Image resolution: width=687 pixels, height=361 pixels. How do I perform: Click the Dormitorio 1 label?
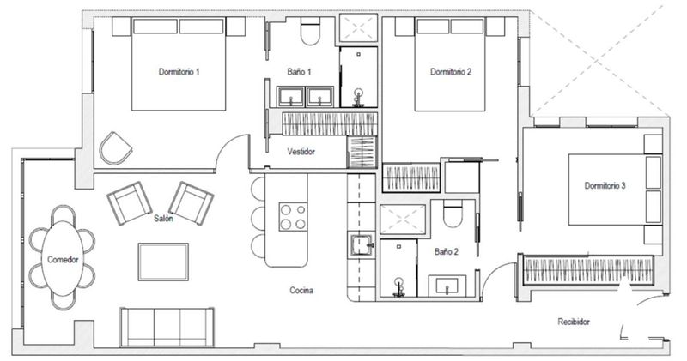click(x=179, y=72)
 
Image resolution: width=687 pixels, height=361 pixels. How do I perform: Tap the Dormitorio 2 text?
click(x=451, y=72)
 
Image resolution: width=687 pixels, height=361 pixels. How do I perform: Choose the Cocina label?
click(x=301, y=291)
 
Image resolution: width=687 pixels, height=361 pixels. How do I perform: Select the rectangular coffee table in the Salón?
click(x=163, y=261)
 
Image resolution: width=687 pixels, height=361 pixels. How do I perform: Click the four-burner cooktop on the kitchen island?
click(x=294, y=216)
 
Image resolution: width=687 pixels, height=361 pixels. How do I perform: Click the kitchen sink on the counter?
click(x=362, y=246)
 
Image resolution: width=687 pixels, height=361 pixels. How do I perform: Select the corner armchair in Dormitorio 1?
click(x=115, y=147)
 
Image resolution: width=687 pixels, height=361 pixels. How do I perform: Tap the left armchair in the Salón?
click(x=129, y=203)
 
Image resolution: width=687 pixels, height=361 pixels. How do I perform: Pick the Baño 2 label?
click(x=445, y=252)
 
